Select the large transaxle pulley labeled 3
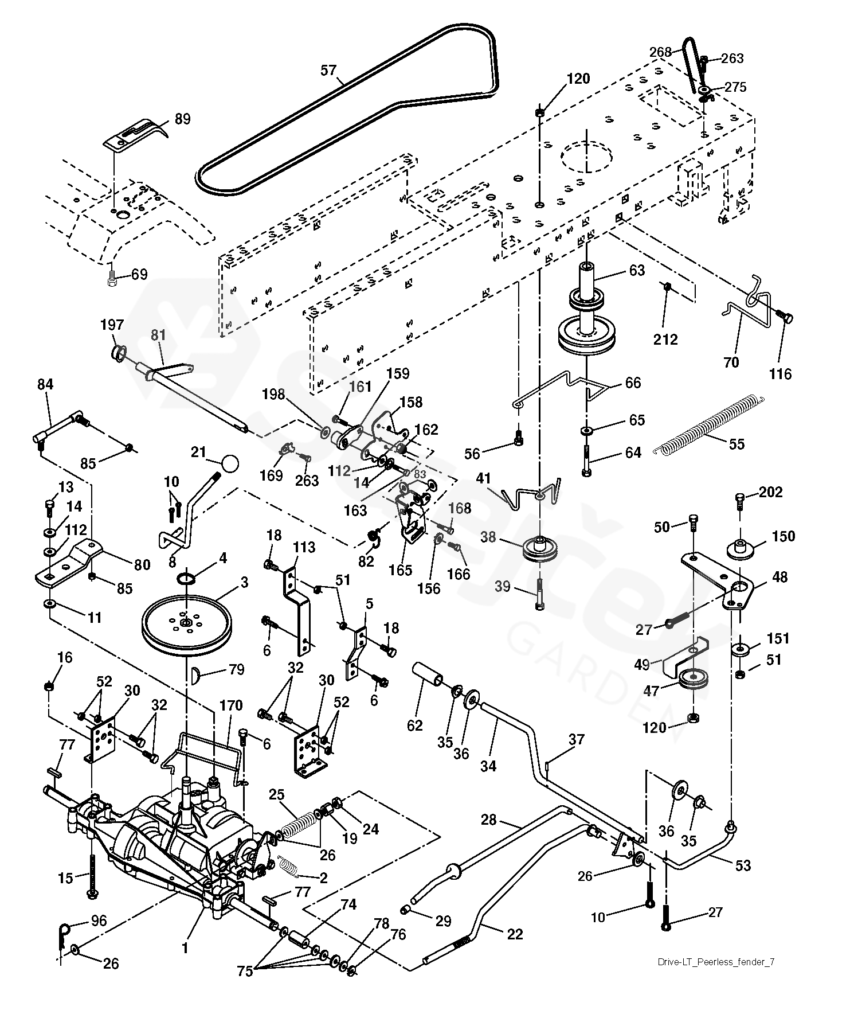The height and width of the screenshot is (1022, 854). click(187, 621)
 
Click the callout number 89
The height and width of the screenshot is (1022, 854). click(182, 119)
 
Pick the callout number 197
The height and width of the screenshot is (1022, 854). click(112, 325)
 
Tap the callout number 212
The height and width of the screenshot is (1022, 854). click(665, 339)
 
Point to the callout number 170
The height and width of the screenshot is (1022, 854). click(231, 705)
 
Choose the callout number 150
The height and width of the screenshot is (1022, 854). click(784, 536)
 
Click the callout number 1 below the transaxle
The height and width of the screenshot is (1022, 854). click(185, 949)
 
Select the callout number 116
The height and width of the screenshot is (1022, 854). click(780, 374)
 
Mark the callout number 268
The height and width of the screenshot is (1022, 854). click(660, 52)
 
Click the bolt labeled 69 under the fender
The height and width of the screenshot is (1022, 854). click(112, 279)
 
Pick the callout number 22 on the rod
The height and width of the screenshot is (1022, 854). click(515, 934)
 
